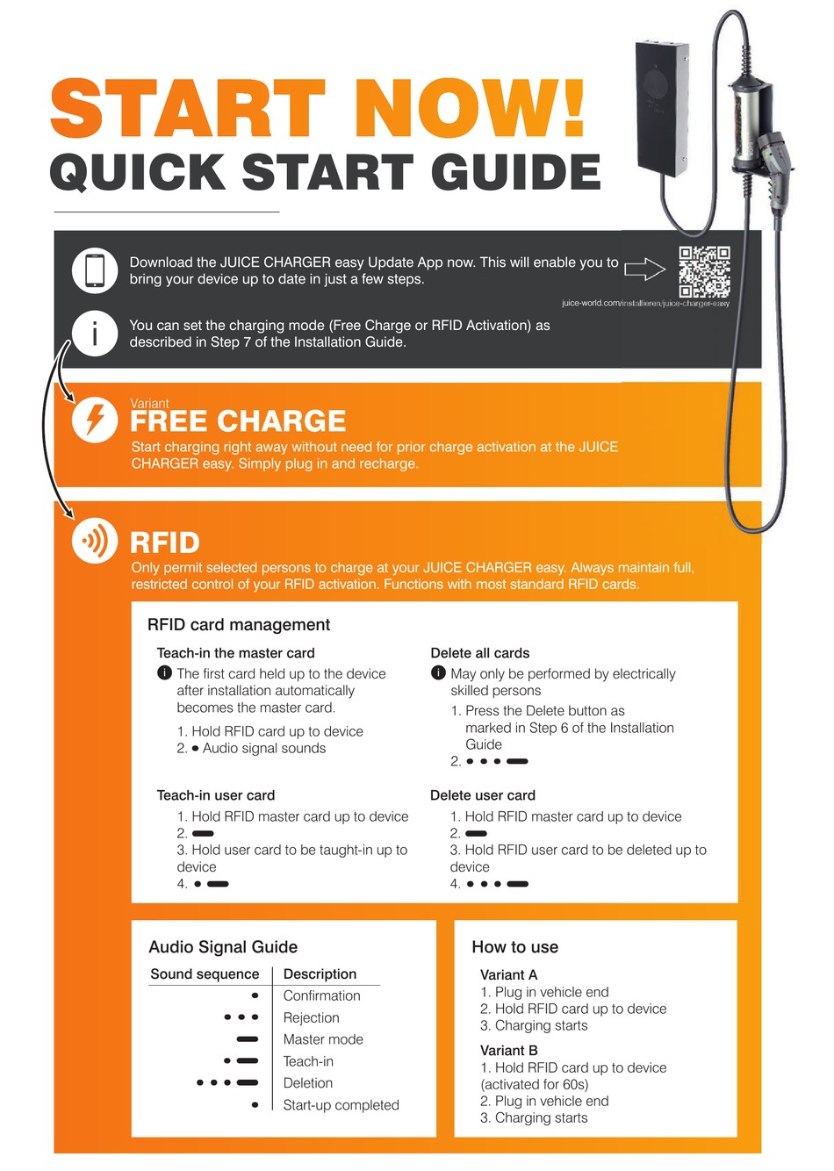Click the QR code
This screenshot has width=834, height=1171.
pyautogui.click(x=704, y=271)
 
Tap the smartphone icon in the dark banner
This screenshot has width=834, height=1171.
pyautogui.click(x=95, y=270)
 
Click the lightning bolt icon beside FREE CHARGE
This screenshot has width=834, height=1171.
pyautogui.click(x=95, y=420)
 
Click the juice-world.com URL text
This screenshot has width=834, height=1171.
pyautogui.click(x=645, y=304)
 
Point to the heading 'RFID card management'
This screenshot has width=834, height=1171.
pyautogui.click(x=239, y=625)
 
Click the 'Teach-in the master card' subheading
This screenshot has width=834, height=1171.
pyautogui.click(x=235, y=653)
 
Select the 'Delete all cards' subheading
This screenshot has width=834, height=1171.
pyautogui.click(x=480, y=653)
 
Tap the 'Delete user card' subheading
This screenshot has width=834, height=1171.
pyautogui.click(x=483, y=795)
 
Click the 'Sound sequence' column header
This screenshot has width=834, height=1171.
pyautogui.click(x=205, y=974)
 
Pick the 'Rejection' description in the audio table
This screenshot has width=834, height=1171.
pyautogui.click(x=312, y=1018)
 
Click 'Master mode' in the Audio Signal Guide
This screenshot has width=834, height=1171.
pyautogui.click(x=323, y=1039)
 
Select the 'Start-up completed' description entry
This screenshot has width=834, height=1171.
pyautogui.click(x=341, y=1105)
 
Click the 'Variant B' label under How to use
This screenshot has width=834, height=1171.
pyautogui.click(x=509, y=1051)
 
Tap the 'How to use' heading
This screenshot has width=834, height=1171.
pyautogui.click(x=515, y=947)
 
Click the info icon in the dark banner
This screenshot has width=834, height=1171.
pyautogui.click(x=95, y=334)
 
